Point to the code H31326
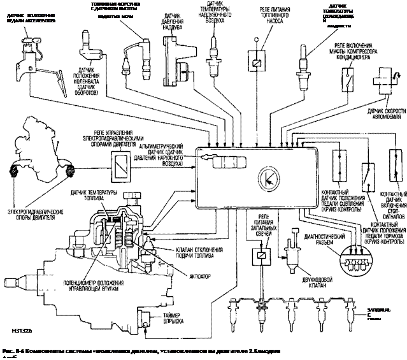pos(21,329)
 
